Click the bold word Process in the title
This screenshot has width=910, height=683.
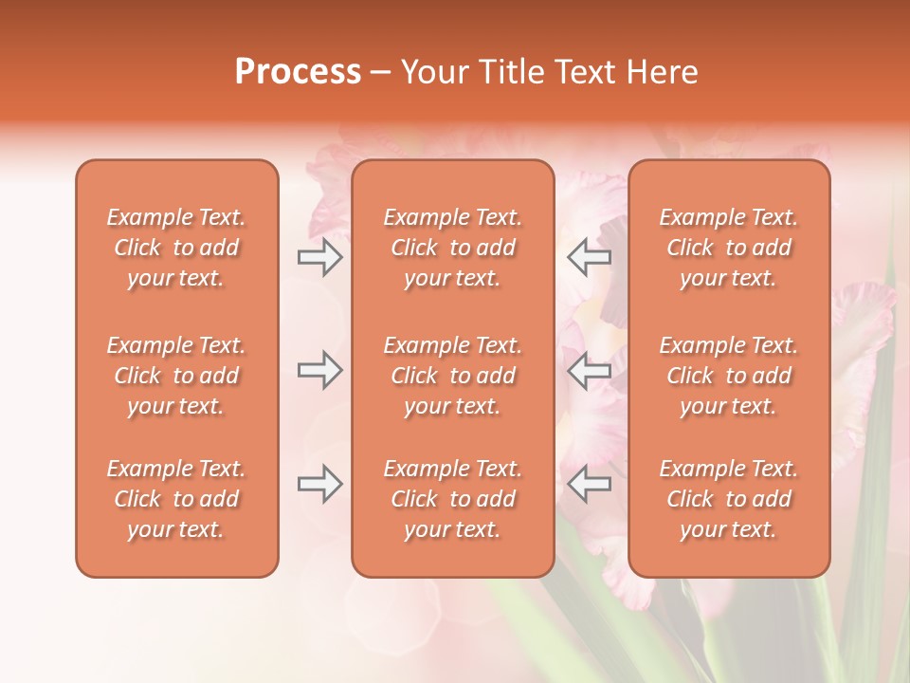click(x=298, y=72)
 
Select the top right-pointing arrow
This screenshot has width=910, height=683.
click(x=320, y=257)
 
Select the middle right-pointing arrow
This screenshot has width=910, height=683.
click(x=320, y=371)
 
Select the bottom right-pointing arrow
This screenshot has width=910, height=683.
click(x=320, y=485)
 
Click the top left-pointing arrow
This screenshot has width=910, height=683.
click(x=589, y=257)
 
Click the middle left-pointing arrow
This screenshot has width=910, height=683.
click(x=589, y=371)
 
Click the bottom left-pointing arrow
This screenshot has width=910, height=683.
click(x=589, y=485)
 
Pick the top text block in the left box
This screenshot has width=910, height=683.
click(x=176, y=248)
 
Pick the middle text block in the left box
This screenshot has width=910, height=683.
click(x=176, y=376)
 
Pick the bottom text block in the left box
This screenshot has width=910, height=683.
click(x=176, y=499)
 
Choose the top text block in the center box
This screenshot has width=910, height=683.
click(x=453, y=248)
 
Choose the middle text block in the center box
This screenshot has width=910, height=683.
click(x=453, y=376)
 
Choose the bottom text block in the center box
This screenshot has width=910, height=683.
click(x=453, y=499)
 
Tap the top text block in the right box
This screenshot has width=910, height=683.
click(x=729, y=248)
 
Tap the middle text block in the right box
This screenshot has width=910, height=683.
click(x=729, y=376)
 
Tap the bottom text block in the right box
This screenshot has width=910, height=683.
click(x=729, y=499)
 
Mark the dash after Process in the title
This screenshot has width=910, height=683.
click(x=381, y=73)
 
